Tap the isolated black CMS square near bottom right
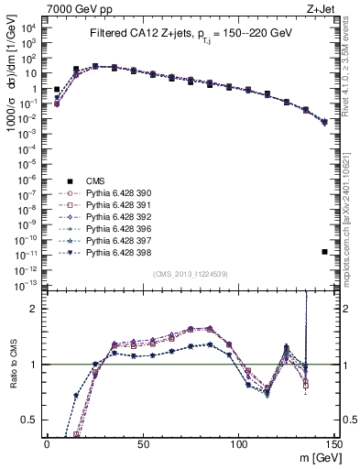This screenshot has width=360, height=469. [x=325, y=252]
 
